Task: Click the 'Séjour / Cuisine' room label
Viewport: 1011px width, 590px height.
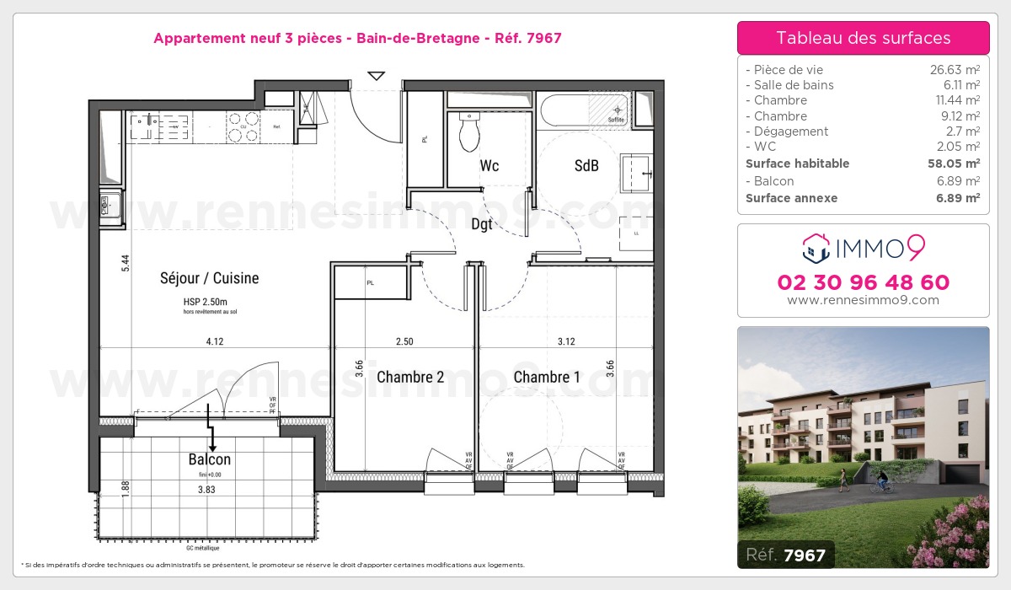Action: point(210,278)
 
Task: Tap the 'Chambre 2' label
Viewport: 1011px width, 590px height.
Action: point(410,377)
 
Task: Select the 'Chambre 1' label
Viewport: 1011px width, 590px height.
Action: point(547,377)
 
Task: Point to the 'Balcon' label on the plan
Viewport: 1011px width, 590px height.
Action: point(210,459)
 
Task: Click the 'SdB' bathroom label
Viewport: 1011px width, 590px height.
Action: point(586,166)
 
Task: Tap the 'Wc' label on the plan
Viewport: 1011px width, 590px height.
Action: point(489,166)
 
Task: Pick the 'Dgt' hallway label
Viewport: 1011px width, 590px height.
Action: point(482,224)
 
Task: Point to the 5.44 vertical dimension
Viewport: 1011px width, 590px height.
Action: point(125,262)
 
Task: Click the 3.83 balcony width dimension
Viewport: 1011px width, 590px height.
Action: point(206,489)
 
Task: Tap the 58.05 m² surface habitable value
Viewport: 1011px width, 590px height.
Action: point(955,164)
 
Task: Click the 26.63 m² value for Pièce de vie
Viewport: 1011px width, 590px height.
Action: point(954,70)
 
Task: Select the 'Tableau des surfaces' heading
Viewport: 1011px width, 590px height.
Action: point(863,38)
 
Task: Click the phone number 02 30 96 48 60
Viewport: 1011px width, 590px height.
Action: point(863,282)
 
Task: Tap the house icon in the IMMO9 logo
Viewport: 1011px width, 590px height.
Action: point(814,247)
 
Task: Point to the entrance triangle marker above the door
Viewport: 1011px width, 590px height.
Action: point(377,76)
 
